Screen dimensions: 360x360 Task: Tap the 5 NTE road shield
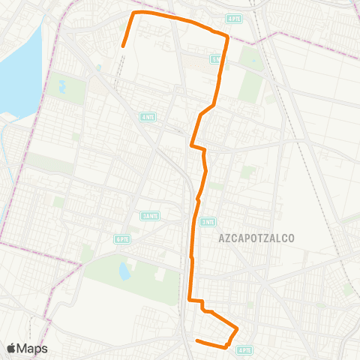point(215,58)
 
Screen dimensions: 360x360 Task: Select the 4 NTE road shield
point(148,116)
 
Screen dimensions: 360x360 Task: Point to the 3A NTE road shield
point(150,216)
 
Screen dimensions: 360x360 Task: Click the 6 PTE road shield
point(121,238)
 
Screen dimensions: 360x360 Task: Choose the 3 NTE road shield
point(208,222)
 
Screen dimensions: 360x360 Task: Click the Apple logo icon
point(11,348)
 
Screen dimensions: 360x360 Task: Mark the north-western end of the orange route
point(123,46)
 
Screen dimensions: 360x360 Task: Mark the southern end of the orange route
point(196,341)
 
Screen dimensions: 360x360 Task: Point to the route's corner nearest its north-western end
point(134,13)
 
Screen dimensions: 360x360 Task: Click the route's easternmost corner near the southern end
point(238,328)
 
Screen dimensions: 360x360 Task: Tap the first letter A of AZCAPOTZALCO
point(222,238)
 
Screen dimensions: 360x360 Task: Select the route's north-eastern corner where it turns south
point(226,35)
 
